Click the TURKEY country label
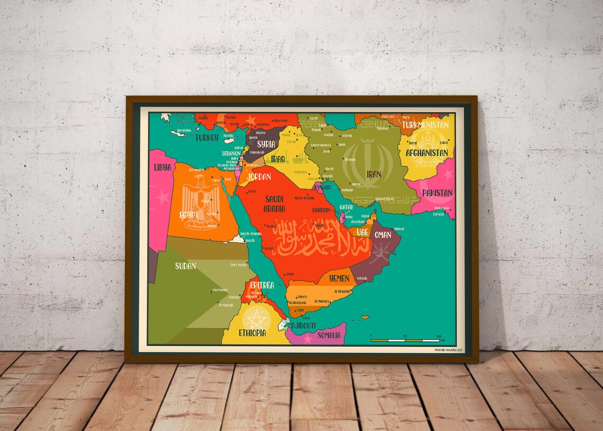[x=207, y=138]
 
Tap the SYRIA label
[x=266, y=143]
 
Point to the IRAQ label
[x=278, y=159]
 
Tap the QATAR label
[x=346, y=207]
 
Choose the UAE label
[x=362, y=232]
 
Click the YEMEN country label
[x=339, y=278]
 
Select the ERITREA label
[x=261, y=285]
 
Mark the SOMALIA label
[x=329, y=335]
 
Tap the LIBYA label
[x=162, y=167]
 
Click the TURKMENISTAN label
[x=425, y=125]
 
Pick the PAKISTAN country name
[x=437, y=193]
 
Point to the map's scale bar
[x=405, y=340]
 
